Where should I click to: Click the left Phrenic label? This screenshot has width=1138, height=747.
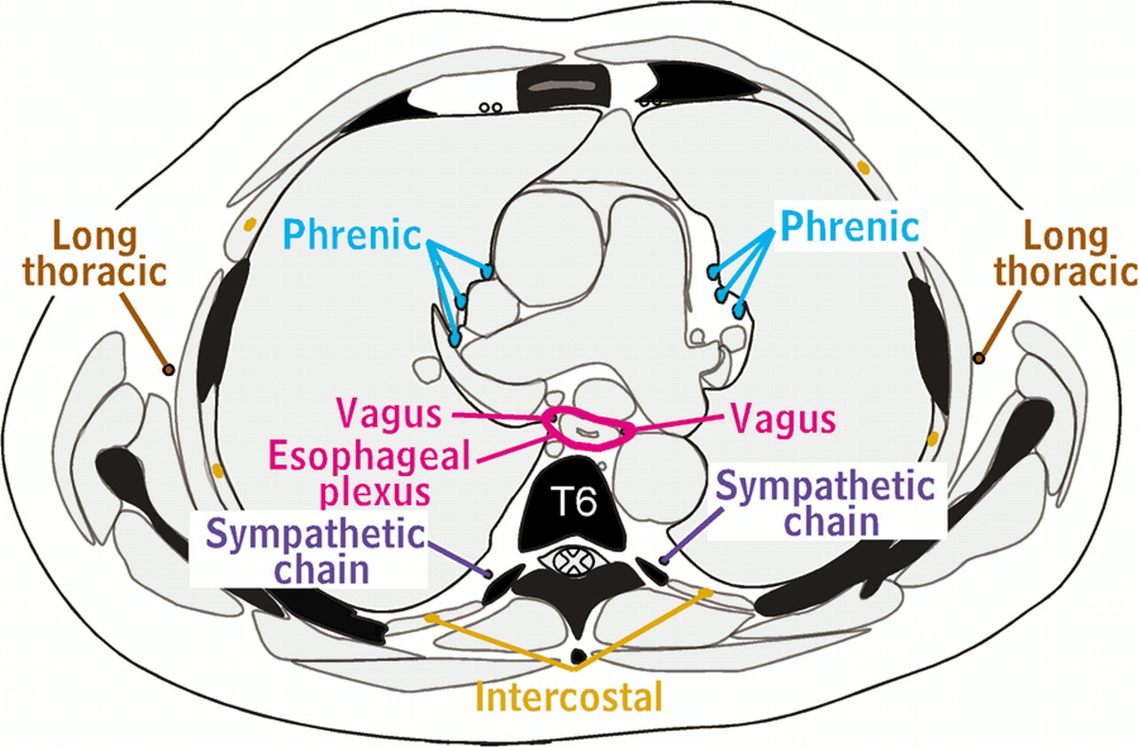pyautogui.click(x=352, y=235)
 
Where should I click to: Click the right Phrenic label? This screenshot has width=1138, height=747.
pyautogui.click(x=849, y=226)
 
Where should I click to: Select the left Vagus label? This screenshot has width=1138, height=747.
pyautogui.click(x=389, y=414)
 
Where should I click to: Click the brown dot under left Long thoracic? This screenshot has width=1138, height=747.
pyautogui.click(x=167, y=368)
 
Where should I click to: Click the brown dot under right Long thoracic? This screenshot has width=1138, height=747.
pyautogui.click(x=978, y=358)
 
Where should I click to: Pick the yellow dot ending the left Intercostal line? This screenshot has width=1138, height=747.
pyautogui.click(x=431, y=617)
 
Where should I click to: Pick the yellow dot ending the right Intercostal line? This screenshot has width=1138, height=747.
pyautogui.click(x=707, y=591)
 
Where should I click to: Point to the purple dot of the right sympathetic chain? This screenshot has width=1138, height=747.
pyautogui.click(x=664, y=560)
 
